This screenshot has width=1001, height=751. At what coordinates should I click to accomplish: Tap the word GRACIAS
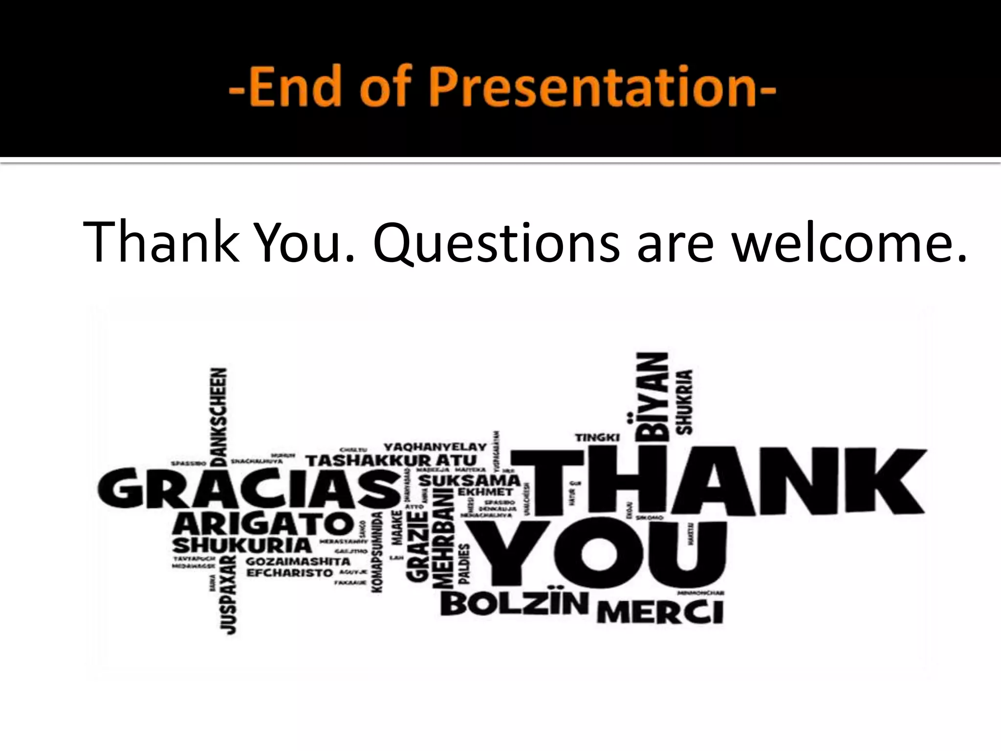(x=249, y=489)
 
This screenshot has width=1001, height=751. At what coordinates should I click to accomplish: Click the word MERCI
(x=660, y=612)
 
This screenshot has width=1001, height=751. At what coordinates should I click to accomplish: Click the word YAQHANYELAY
(x=435, y=447)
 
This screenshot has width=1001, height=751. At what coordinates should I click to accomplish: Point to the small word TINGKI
(x=597, y=438)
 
